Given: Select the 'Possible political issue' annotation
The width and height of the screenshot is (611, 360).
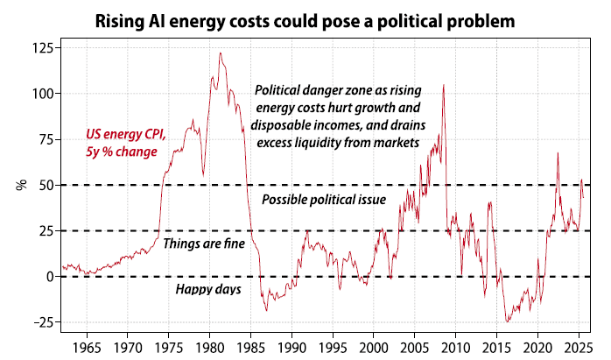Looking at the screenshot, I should coord(324,200).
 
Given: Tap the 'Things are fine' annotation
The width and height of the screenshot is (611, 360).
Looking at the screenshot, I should coord(203,244).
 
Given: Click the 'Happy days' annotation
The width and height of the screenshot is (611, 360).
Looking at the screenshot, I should coord(208,289).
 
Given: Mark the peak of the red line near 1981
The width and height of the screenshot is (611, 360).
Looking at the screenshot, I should coord(220,53).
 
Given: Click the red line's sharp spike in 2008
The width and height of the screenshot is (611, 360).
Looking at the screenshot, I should coord(444,85).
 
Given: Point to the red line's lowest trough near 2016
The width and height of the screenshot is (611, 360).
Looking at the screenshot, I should coord(506,321).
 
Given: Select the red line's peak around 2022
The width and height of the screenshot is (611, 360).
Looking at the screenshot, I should coord(558,153).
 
